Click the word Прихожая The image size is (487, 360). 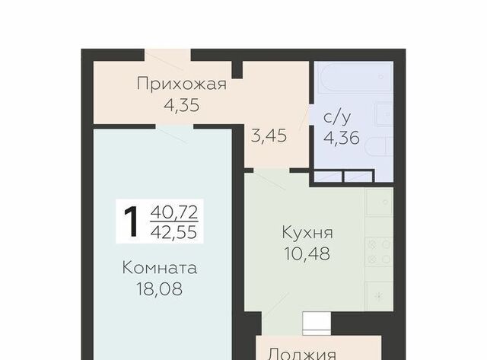point(182,84)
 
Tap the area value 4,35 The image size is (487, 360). point(182,105)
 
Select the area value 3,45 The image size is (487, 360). point(269,135)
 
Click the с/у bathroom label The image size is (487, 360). point(337,117)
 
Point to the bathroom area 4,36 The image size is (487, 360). point(342,138)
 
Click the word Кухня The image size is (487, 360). point(307,233)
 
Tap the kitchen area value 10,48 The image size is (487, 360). point(307,253)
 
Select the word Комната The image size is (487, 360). point(160,268)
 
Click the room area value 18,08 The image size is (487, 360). point(159,289)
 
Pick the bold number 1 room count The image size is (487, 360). point(131,221)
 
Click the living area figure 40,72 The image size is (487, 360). point(174,213)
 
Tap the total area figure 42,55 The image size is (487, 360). point(174,232)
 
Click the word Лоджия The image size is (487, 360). point(302,354)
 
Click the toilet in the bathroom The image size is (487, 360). point(378,147)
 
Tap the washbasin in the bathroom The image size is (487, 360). point(384,115)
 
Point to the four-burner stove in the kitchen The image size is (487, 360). point(379,252)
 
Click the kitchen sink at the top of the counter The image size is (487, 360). point(379,202)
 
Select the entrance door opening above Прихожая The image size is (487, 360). point(167,55)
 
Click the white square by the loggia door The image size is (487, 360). point(317,323)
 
